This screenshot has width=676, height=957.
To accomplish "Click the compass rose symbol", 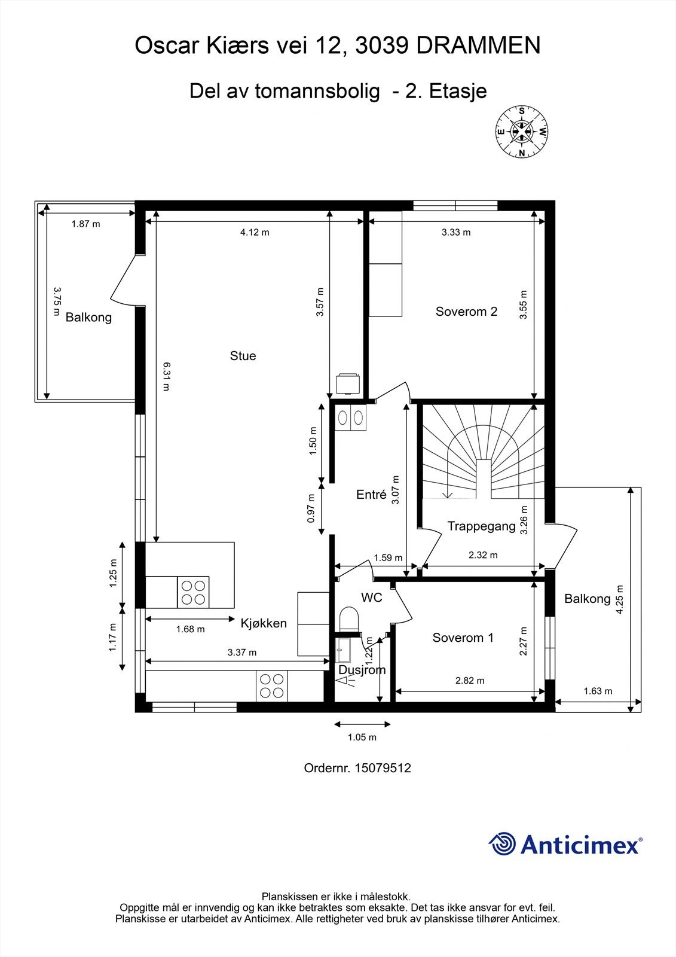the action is tap(521, 131).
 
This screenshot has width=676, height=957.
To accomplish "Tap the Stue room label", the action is tap(243, 356).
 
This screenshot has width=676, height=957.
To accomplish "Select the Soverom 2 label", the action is tap(466, 312).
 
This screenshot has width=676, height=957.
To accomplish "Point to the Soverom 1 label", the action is tap(463, 638).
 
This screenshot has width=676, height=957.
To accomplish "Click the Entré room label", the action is tap(371, 494).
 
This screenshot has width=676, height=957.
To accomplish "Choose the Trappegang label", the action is tap(481, 526).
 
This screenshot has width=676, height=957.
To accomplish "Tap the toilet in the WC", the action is tap(349, 619).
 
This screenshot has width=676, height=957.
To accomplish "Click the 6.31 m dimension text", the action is tap(166, 376).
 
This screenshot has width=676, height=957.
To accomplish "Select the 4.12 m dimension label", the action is tap(255, 233).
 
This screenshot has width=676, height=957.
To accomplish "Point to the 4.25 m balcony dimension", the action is tap(620, 599).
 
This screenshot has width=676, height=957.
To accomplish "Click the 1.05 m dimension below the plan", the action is tap(362, 737).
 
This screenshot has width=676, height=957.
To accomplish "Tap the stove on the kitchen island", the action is tap(193, 592).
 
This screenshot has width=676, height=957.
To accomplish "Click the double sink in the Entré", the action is tap(351, 417).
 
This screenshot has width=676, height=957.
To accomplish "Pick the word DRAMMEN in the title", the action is tap(478, 45).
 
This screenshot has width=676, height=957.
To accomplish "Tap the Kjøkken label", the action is tap(264, 623).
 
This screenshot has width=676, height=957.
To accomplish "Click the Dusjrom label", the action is tap(362, 669).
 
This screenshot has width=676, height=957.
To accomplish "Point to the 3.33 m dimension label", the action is tap(456, 233).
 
